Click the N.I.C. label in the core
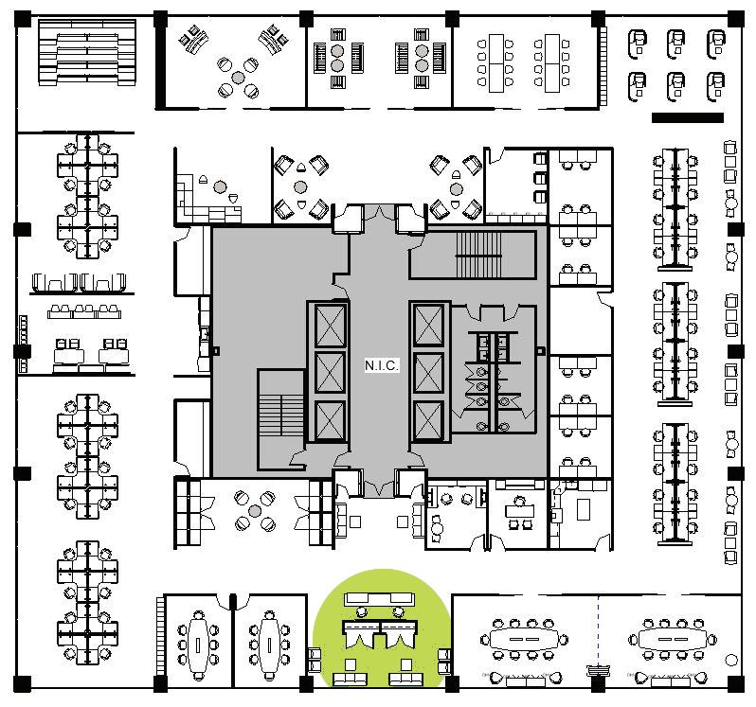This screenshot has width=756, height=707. point(382,364)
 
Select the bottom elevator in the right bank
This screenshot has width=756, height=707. point(427,421)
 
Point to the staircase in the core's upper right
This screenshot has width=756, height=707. point(477,255)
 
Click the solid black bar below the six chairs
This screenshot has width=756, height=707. point(688,118)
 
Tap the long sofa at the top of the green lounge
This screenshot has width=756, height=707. point(380,599)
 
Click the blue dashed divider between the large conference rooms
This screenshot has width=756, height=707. point(599,633)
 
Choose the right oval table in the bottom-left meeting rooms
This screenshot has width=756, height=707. point(270,644)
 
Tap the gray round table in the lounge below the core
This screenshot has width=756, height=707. point(255,511)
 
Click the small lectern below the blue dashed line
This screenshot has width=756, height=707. point(598,670)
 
